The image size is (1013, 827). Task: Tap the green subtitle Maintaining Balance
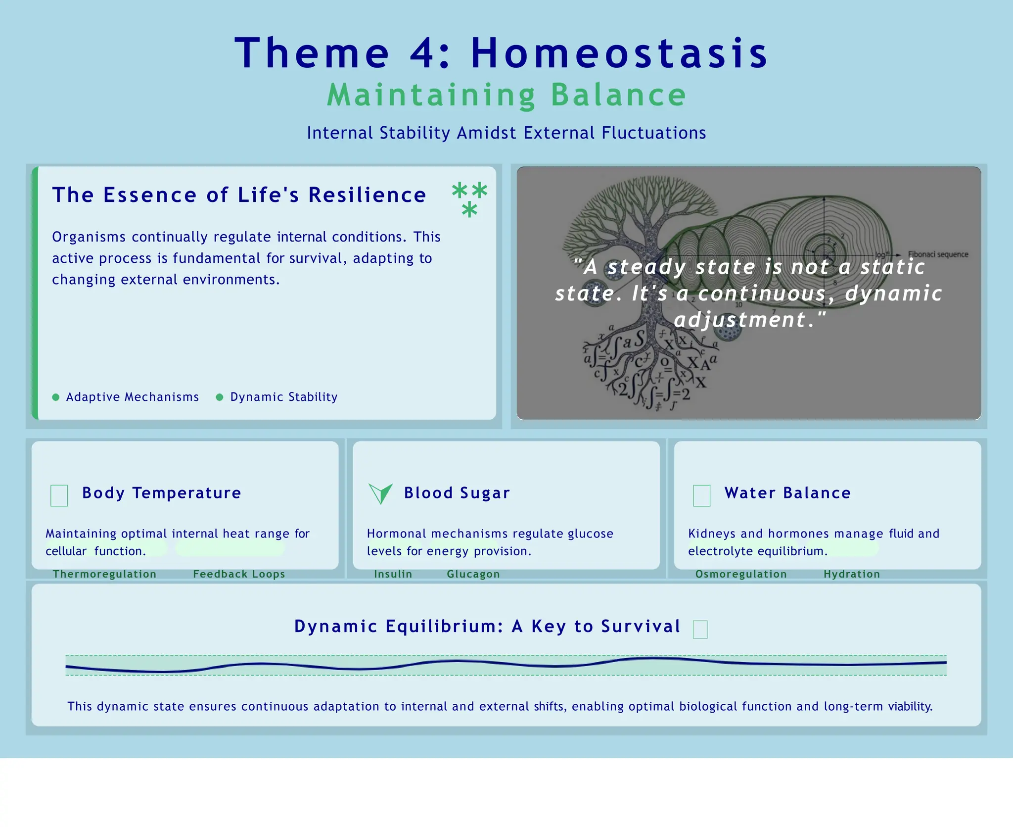(x=506, y=95)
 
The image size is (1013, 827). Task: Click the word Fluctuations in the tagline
(x=653, y=133)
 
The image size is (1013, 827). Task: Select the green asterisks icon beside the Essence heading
(x=469, y=199)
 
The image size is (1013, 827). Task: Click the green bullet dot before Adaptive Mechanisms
(x=56, y=397)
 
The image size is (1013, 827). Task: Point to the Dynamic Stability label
(x=283, y=397)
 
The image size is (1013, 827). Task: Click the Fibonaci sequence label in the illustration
(x=938, y=254)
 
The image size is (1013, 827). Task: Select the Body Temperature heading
(x=161, y=493)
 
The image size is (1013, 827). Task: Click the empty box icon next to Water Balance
(x=701, y=495)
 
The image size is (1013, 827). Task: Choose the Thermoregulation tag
(x=104, y=574)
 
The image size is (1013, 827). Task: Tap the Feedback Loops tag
(x=239, y=574)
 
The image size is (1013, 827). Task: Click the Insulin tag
(x=393, y=574)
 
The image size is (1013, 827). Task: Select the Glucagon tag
(x=473, y=574)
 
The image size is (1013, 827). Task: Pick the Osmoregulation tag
(x=740, y=574)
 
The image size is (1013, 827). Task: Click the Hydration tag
(x=851, y=574)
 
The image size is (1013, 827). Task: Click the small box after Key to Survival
(x=700, y=630)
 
